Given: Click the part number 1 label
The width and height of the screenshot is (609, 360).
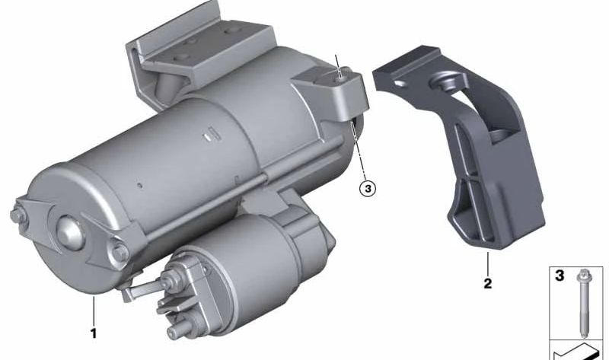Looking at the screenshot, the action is (x=93, y=333).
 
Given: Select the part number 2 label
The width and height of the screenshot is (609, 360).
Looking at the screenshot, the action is (x=487, y=283).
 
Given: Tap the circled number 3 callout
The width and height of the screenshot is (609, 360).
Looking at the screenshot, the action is (x=368, y=189).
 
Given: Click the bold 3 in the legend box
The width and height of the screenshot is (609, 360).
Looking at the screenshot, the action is (x=559, y=276).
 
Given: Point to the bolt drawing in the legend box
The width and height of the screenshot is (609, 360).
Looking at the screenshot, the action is (x=583, y=303).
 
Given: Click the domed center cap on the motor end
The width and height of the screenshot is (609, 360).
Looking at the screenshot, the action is (x=70, y=232).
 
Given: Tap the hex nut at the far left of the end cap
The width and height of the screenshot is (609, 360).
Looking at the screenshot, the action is (x=18, y=216).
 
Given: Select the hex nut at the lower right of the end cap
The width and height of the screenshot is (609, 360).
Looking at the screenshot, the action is (x=120, y=252).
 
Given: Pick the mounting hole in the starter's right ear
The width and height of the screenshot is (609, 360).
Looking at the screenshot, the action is (x=341, y=78).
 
